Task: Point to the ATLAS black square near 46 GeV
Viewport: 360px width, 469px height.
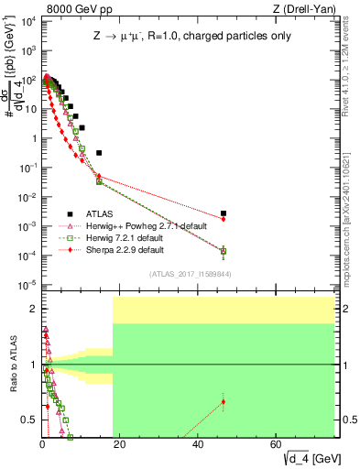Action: [x=224, y=213]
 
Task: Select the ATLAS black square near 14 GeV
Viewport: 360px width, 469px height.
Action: [x=99, y=152]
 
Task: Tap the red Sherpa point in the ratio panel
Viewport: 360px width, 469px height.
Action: [x=224, y=401]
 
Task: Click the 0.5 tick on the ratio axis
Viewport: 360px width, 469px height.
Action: [x=29, y=420]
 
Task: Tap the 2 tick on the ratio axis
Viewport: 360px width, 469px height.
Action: [x=32, y=309]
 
